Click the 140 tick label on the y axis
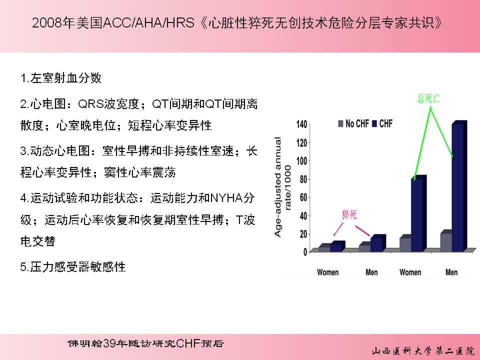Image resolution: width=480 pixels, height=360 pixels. pyautogui.click(x=301, y=124)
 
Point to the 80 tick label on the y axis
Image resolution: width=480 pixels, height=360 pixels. pyautogui.click(x=303, y=179)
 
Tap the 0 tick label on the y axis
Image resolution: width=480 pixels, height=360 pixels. pyautogui.click(x=305, y=252)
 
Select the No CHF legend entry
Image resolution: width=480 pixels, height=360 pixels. pyautogui.click(x=353, y=123)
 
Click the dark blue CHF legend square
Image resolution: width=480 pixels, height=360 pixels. pyautogui.click(x=374, y=123)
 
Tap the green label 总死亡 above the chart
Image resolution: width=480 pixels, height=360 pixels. pyautogui.click(x=428, y=98)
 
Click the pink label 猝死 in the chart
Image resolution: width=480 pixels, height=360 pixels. pyautogui.click(x=349, y=214)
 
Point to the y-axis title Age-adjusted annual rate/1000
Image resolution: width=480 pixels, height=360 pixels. pyautogui.click(x=282, y=187)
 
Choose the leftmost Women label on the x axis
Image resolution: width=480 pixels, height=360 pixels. pyautogui.click(x=328, y=272)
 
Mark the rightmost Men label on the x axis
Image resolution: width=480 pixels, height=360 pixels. pyautogui.click(x=451, y=272)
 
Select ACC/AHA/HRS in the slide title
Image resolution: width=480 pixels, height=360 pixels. pyautogui.click(x=149, y=23)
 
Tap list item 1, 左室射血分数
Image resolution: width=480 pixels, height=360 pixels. pyautogui.click(x=60, y=78)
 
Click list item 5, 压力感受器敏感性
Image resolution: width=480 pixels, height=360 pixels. pyautogui.click(x=73, y=267)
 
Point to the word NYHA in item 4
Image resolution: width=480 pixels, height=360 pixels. pyautogui.click(x=226, y=198)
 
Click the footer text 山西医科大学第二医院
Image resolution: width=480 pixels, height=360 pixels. pyautogui.click(x=423, y=351)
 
